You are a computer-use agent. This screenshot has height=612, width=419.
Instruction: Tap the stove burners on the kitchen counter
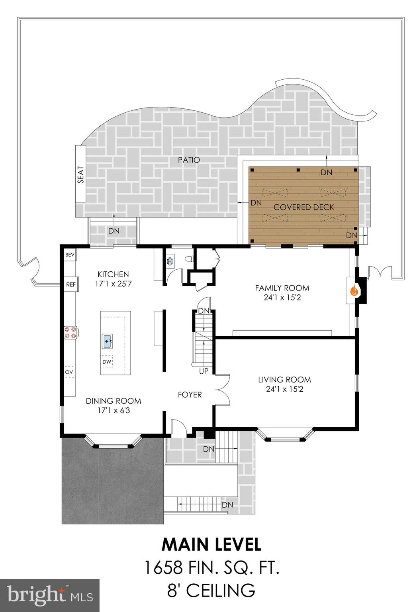click(70, 332)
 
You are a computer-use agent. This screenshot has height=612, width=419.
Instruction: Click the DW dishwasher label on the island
click(107, 361)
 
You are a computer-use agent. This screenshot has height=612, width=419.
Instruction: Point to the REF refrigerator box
click(70, 284)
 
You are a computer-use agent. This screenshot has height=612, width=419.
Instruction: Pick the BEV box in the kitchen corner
click(70, 255)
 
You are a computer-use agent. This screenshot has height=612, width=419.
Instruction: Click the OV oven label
click(69, 372)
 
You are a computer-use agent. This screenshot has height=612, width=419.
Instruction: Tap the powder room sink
click(170, 261)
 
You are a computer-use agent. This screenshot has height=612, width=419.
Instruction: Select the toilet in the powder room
click(189, 259)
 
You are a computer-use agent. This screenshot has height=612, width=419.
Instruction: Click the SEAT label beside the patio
click(81, 175)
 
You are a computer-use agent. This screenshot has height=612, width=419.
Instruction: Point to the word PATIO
click(189, 160)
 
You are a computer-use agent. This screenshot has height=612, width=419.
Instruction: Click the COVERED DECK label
click(303, 207)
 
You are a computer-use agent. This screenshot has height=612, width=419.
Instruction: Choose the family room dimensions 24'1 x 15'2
click(282, 297)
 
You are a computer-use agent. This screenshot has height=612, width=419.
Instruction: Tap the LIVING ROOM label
click(284, 380)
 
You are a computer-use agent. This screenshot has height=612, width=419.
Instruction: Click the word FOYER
click(190, 394)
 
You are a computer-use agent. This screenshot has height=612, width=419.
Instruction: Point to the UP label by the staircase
click(204, 371)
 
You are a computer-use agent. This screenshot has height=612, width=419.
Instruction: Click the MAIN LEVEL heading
click(211, 545)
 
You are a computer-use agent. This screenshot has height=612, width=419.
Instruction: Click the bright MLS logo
click(50, 595)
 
